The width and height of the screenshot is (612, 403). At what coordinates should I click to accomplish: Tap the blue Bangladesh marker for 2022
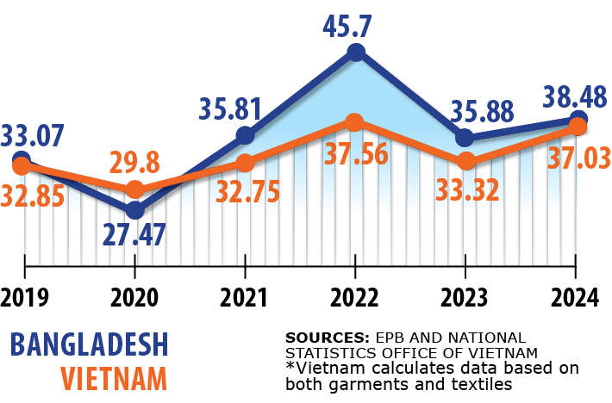point(355,53)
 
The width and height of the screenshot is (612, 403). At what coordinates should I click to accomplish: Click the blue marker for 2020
point(134,209)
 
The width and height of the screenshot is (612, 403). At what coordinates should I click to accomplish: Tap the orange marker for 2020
point(134,189)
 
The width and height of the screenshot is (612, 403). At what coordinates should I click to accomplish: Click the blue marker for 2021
point(245,135)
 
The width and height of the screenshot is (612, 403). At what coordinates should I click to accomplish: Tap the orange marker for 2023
point(465,161)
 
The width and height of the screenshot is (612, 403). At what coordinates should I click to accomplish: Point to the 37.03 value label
point(578,158)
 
